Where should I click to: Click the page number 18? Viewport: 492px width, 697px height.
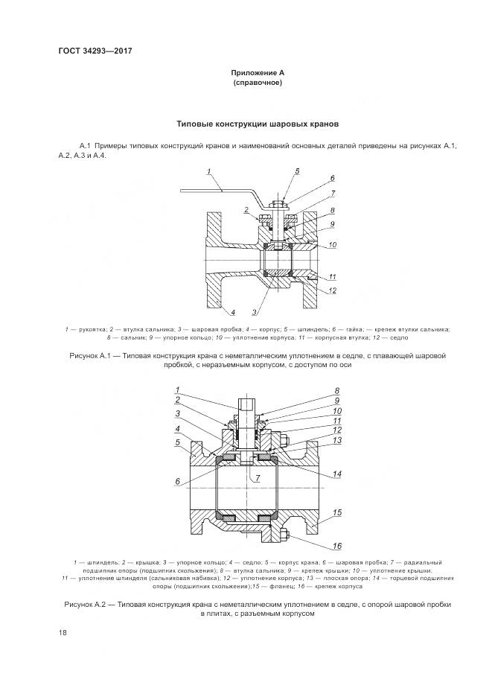pos(62,632)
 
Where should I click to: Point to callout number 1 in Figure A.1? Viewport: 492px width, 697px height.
pos(209,172)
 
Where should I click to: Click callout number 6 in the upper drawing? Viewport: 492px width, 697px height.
pos(332,178)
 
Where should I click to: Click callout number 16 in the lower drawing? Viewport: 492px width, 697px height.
pos(337,545)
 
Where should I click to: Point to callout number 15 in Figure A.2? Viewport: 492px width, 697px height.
pos(337,512)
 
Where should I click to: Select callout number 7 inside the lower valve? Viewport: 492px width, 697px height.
pos(258,476)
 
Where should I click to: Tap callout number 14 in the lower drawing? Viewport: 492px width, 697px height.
pos(337,474)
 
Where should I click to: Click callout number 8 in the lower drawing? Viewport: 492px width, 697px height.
pos(336,390)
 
